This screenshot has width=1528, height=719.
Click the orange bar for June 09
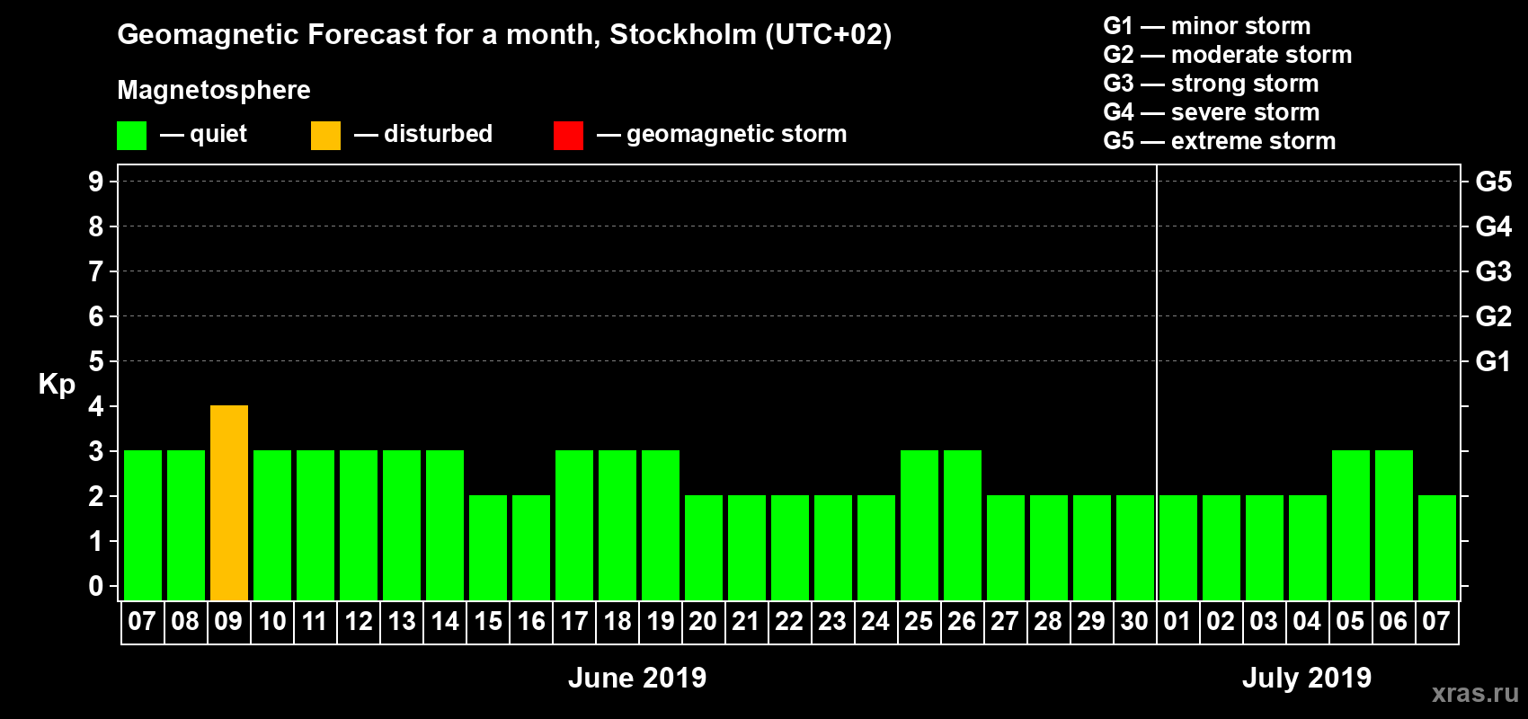229,503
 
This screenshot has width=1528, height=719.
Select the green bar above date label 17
574,526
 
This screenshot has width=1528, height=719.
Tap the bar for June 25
919,526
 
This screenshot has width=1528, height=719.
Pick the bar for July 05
1351,526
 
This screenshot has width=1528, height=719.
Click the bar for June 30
1135,548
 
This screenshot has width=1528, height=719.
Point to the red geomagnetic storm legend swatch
568,136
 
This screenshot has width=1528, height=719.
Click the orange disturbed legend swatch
325,136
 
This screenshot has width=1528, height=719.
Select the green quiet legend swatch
131,136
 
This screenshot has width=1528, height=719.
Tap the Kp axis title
57,384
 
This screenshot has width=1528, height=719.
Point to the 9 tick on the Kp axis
96,182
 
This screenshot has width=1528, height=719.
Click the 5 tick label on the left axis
96,361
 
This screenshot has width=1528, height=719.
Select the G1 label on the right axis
1493,361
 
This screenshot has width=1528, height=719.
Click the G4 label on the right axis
1493,226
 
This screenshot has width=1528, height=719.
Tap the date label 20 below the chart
703,621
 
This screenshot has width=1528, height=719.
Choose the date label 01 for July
1177,621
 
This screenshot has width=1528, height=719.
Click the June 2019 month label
637,678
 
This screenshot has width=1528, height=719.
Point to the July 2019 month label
1307,678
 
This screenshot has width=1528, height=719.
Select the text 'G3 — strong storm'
1211,84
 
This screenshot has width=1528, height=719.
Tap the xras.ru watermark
1475,693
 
